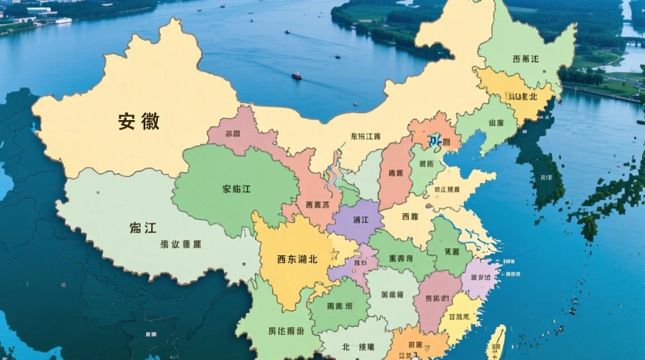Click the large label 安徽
coord(139,122)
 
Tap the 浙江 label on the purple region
coord(360,220)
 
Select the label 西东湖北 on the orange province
coord(297,259)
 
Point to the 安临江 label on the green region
coord(236,189)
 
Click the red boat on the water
coord(297,76)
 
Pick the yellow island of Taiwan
coord(497,342)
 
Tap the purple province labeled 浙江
coord(355,226)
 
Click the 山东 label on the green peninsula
coord(496,123)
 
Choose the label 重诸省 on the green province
coord(401,258)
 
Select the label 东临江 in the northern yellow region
coord(366,136)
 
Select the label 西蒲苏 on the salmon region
coord(318,205)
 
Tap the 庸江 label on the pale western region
coord(143,228)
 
